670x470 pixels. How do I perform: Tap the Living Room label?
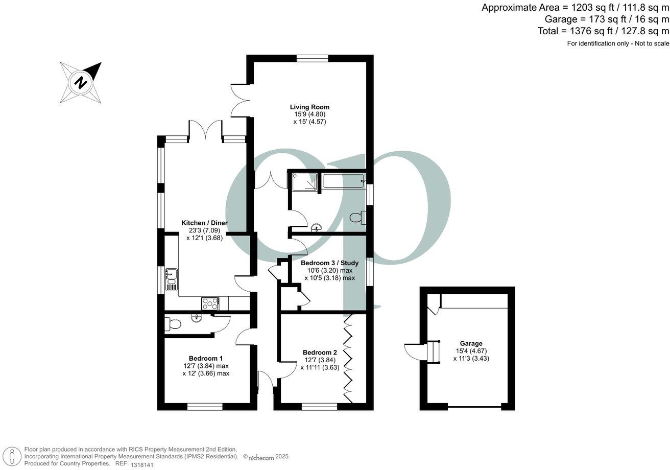[309, 107]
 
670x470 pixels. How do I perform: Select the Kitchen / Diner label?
[204, 223]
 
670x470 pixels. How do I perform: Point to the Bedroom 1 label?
[205, 358]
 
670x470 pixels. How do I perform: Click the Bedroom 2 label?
[320, 353]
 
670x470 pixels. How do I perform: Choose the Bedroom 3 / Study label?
[329, 263]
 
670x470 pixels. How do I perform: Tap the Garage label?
[470, 343]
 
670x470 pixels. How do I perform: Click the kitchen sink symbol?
[171, 279]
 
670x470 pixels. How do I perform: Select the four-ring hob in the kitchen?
[209, 303]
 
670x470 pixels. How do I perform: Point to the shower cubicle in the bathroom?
[304, 181]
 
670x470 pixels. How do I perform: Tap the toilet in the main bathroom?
[358, 218]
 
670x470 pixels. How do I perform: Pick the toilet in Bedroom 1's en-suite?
[172, 324]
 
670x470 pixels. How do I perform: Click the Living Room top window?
[312, 58]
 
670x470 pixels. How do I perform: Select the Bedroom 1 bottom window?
[205, 407]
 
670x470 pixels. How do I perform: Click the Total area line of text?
[603, 31]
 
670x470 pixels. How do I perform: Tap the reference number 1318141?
[141, 464]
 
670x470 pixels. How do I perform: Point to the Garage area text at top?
[606, 19]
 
